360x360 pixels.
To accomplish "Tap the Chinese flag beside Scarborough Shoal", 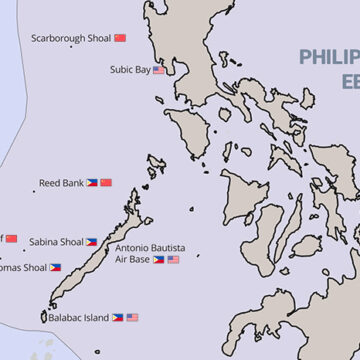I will pos(121,38).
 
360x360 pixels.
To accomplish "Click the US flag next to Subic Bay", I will pos(159,70).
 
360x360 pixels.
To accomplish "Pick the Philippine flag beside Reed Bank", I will pos(92,183).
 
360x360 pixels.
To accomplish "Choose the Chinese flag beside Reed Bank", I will pos(106,183).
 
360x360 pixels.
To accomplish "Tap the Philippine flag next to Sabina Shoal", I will pos(92,241).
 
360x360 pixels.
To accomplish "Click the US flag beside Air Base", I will pos(173,259).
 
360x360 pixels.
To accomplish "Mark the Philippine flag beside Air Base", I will pos(159,259).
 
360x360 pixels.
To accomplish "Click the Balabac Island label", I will pos(77,317).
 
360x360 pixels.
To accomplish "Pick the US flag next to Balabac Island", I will pos(132,317).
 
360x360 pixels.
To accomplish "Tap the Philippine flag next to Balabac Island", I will pos(117,317).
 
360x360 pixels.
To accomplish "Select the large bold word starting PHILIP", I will pos(329,58).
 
